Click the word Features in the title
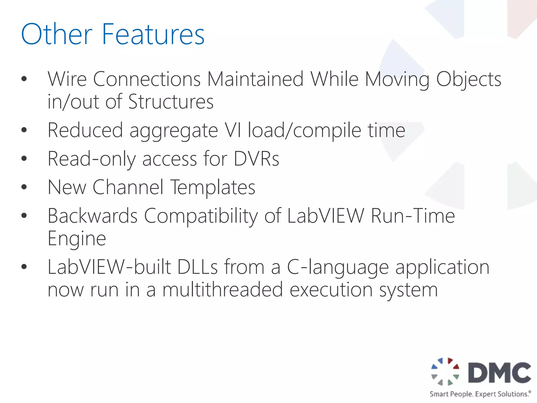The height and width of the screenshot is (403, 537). tap(153, 34)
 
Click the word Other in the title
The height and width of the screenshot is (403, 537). tap(57, 34)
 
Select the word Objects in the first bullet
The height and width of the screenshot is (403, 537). tap(469, 79)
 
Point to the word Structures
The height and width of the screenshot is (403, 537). tap(171, 102)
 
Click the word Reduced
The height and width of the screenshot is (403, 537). tap(85, 130)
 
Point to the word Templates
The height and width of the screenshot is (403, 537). tap(213, 188)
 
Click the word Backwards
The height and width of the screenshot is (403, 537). tap(93, 216)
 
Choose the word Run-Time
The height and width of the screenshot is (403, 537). tap(413, 216)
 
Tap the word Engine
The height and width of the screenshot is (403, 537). tap(77, 239)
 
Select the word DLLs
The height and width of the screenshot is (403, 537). tap(197, 267)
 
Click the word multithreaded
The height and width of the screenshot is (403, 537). tap(223, 290)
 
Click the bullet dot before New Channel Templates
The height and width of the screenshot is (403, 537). tap(24, 187)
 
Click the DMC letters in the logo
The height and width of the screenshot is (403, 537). tap(499, 373)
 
